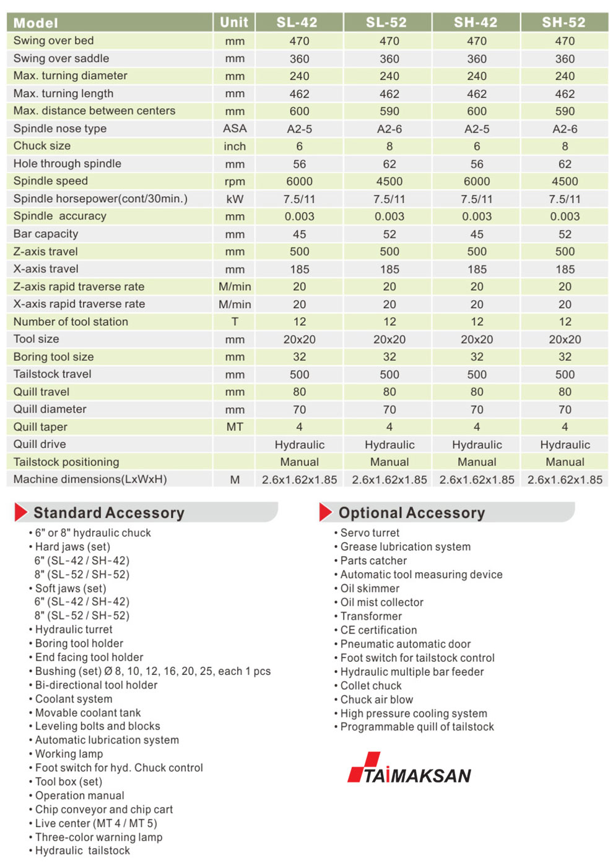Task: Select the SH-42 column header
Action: click(x=476, y=22)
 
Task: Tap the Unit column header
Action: click(x=234, y=22)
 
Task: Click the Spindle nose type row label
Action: click(x=60, y=129)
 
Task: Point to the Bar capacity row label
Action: click(x=46, y=234)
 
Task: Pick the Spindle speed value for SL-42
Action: click(x=299, y=181)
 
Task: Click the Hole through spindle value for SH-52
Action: click(x=565, y=164)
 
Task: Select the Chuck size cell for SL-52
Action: click(x=389, y=147)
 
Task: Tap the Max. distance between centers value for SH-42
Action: click(x=477, y=111)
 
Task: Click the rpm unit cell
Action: click(x=235, y=182)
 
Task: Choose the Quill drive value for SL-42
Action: click(x=299, y=445)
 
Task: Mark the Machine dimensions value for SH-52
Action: click(x=565, y=479)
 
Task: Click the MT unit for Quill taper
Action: click(x=235, y=427)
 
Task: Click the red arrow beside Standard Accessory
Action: click(x=20, y=512)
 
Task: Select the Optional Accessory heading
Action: click(x=411, y=513)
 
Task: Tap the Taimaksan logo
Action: click(x=409, y=769)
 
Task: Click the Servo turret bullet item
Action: click(x=370, y=533)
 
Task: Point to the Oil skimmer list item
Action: click(x=370, y=588)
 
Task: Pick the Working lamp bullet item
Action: click(x=69, y=754)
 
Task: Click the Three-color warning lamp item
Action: click(x=98, y=837)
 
